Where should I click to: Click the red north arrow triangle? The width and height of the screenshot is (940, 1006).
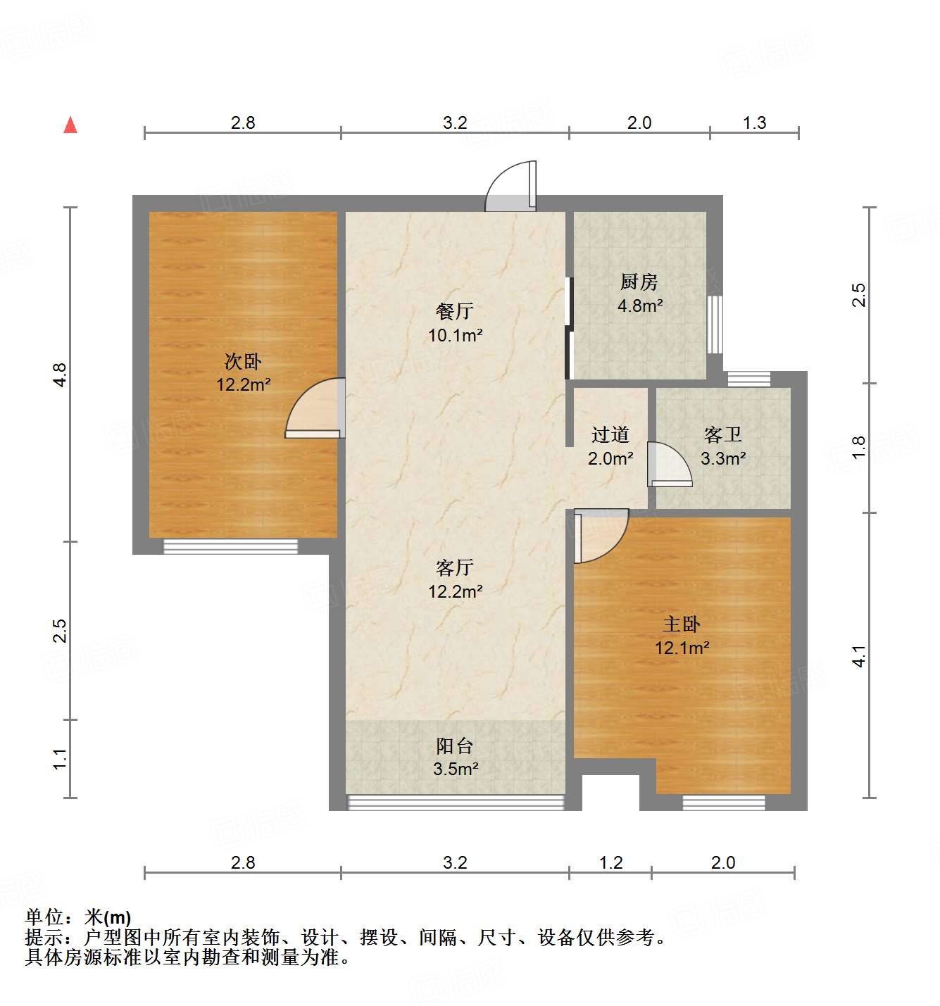pyautogui.click(x=70, y=125)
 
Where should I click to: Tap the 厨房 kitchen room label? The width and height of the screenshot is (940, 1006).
pyautogui.click(x=639, y=282)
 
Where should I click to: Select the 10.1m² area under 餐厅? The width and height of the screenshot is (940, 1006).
pyautogui.click(x=455, y=335)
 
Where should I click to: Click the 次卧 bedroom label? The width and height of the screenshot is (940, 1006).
pyautogui.click(x=243, y=361)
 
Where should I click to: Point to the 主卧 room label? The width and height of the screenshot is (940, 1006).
pyautogui.click(x=681, y=624)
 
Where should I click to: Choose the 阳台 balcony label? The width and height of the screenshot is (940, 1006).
pyautogui.click(x=455, y=746)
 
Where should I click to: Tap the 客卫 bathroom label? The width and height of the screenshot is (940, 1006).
pyautogui.click(x=723, y=435)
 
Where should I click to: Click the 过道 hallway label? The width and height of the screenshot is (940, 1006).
pyautogui.click(x=610, y=435)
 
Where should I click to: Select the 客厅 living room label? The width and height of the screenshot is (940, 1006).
pyautogui.click(x=455, y=567)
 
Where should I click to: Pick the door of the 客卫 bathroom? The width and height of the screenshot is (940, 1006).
pyautogui.click(x=668, y=465)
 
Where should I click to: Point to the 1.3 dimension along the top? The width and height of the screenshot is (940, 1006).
pyautogui.click(x=754, y=122)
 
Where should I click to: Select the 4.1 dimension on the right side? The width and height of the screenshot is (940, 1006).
pyautogui.click(x=859, y=656)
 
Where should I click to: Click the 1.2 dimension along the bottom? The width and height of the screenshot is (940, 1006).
pyautogui.click(x=610, y=862)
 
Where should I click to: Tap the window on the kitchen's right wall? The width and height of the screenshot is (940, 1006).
pyautogui.click(x=715, y=324)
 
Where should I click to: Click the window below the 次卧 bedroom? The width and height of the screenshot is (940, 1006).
pyautogui.click(x=230, y=546)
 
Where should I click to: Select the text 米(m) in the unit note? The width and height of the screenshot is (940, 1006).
pyautogui.click(x=108, y=917)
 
